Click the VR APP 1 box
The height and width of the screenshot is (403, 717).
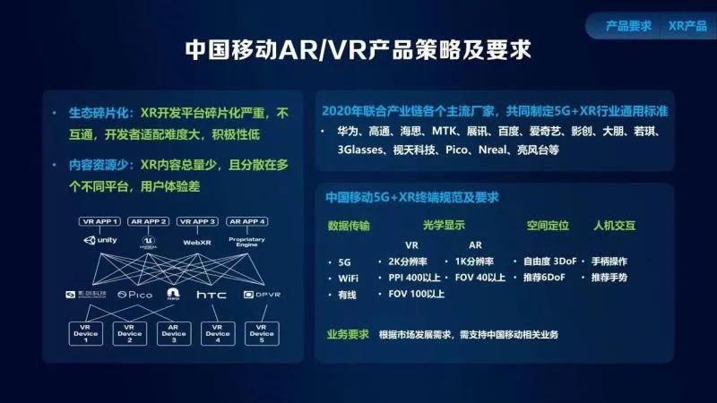[99, 220]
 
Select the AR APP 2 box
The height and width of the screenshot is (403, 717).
[149, 220]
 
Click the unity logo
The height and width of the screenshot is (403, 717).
[100, 241]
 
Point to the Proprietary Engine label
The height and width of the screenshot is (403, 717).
[246, 243]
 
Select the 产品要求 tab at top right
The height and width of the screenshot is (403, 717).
[628, 25]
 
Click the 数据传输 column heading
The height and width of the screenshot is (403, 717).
[349, 225]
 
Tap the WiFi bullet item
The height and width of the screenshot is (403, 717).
[350, 279]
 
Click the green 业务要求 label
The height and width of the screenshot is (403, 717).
[348, 334]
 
